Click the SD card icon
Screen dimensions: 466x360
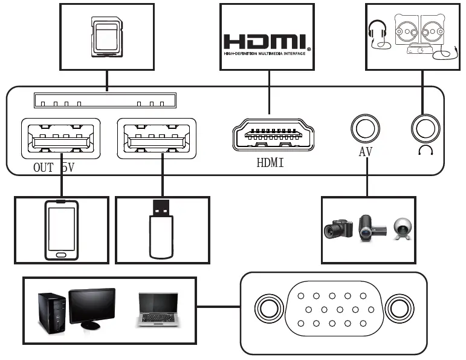point(107,37)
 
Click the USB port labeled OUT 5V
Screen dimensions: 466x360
point(61,139)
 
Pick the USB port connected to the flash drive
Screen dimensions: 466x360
point(157,139)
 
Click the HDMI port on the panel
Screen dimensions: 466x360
point(273,135)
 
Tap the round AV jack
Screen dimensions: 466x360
point(365,128)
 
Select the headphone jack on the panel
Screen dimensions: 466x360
point(426,129)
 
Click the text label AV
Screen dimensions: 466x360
point(366,152)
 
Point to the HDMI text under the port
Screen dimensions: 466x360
point(270,163)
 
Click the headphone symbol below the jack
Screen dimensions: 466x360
point(426,150)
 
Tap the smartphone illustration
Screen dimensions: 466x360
point(62,230)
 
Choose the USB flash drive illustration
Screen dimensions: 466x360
point(161,229)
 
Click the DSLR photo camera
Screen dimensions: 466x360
point(338,229)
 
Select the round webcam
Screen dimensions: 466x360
point(403,229)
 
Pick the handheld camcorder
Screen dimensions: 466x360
point(372,228)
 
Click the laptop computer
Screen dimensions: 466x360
point(158,310)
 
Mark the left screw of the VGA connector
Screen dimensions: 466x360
point(269,309)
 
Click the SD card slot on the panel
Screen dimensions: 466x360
point(105,100)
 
